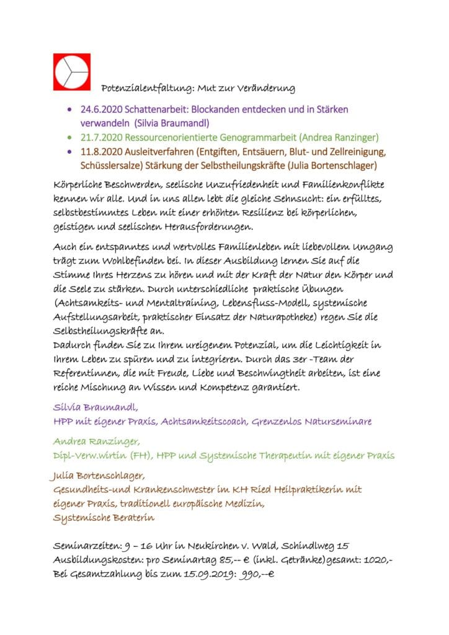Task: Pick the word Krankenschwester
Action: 166,489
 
